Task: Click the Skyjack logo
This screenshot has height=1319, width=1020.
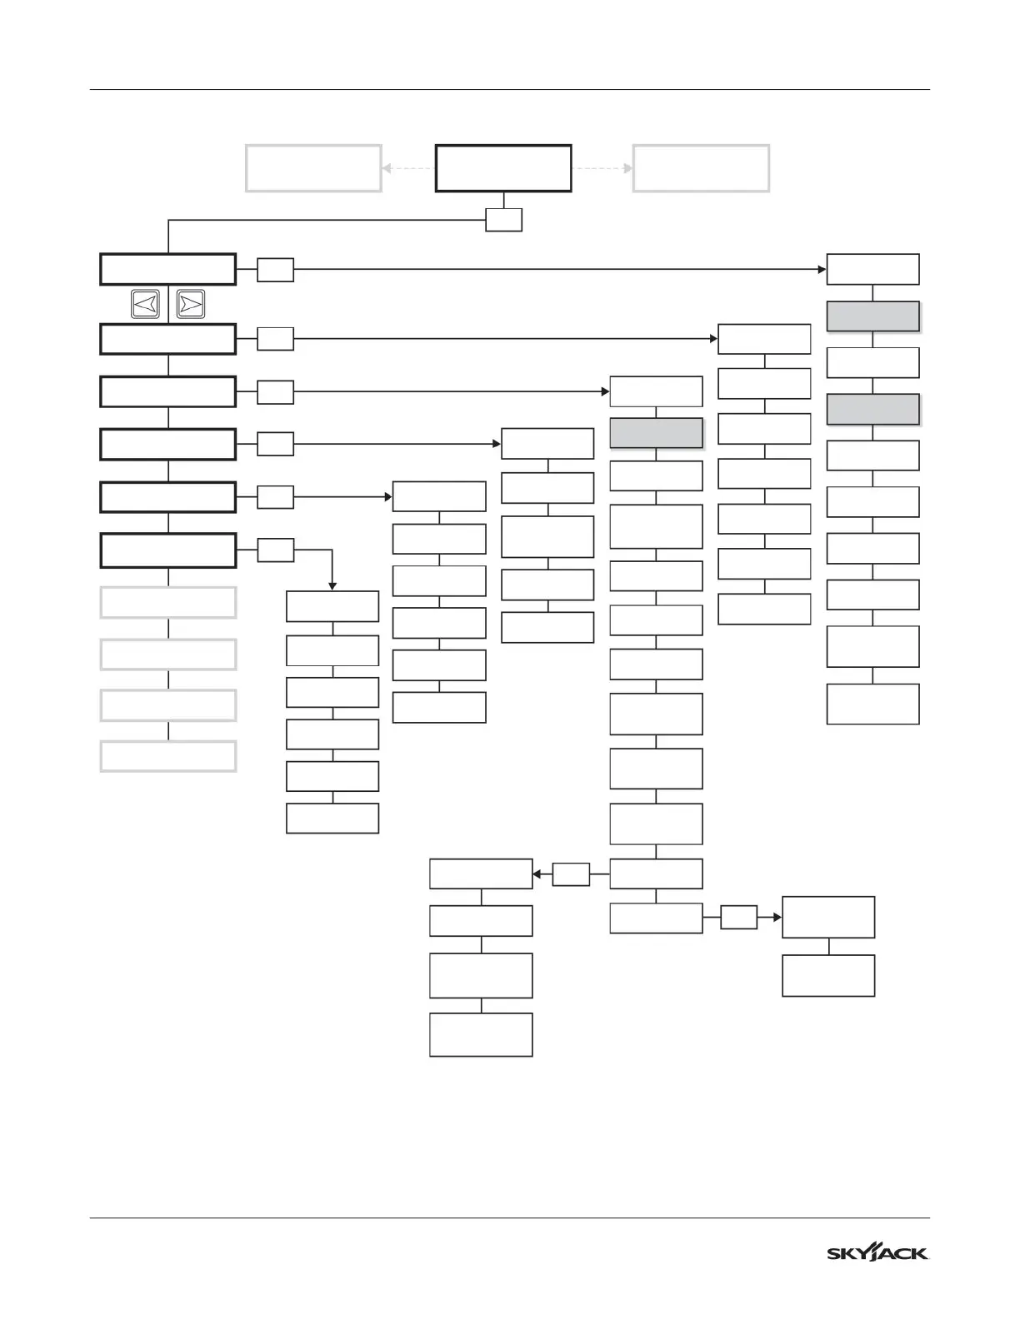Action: coord(877,1253)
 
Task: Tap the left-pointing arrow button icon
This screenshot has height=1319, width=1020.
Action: coord(145,304)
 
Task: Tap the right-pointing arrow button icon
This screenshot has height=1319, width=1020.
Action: coord(191,304)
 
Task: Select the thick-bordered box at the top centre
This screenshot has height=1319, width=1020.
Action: coord(503,168)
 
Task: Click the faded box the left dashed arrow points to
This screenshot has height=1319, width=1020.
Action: coord(313,168)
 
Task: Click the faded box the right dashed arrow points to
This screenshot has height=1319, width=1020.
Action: coord(701,168)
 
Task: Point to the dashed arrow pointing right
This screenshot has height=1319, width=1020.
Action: coord(602,168)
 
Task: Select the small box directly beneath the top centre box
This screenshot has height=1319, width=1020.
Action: coord(504,220)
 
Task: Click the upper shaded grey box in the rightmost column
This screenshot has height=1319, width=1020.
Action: coord(872,316)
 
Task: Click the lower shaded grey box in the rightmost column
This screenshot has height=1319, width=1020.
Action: coord(872,410)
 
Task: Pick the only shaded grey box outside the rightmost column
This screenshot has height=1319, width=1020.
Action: coord(656,433)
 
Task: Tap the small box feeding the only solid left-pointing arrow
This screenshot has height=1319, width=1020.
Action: coord(571,874)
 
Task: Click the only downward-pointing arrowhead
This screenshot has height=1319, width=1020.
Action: coord(332,586)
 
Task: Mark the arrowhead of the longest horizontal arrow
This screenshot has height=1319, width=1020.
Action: coord(821,270)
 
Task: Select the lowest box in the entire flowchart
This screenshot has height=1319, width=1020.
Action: coord(481,1034)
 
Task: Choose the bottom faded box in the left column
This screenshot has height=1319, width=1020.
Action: coord(168,756)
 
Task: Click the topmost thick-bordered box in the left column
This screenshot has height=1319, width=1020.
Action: coord(168,270)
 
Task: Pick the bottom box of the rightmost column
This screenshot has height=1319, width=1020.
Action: coord(872,704)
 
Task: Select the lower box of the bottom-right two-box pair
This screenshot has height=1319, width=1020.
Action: coord(828,975)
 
